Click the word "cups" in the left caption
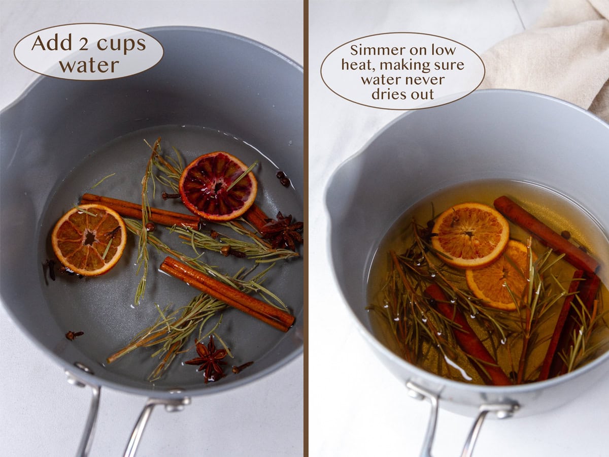(x=121, y=44)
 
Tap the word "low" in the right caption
(x=443, y=50)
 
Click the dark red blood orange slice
(x=218, y=186)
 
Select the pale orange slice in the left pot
(x=89, y=239)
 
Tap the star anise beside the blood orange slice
(x=283, y=231)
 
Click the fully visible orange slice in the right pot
(x=469, y=235)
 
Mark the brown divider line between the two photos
(x=306, y=228)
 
